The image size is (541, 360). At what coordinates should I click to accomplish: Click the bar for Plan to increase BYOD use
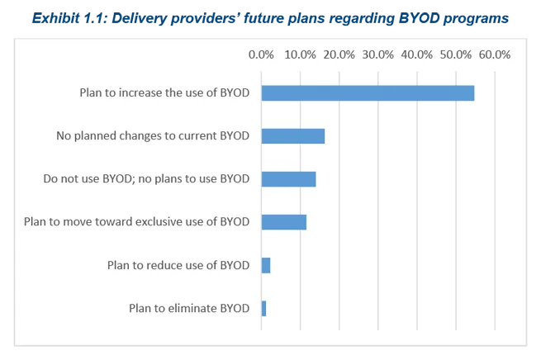coord(368,93)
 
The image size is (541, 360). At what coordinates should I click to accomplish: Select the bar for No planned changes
coord(293,136)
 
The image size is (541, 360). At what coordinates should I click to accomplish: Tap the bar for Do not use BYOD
coord(288,179)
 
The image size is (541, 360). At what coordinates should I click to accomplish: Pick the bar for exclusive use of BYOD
coord(283,222)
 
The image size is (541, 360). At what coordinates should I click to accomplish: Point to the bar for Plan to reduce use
coord(266,265)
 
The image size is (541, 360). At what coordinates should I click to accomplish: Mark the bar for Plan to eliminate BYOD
coord(263,308)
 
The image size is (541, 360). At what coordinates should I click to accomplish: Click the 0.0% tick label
coord(261,54)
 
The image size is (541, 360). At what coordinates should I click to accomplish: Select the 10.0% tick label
coord(300,54)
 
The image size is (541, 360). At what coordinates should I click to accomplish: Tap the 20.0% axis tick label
coord(339,54)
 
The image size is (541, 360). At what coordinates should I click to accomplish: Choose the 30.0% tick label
coord(377,54)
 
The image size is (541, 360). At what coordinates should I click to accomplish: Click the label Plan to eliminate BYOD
coord(189,308)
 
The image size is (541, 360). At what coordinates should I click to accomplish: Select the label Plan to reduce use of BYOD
coord(178,265)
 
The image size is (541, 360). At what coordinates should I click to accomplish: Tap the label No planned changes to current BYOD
coord(153,136)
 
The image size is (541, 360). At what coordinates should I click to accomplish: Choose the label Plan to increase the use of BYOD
coord(164,93)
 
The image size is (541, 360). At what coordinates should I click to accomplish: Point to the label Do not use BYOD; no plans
coord(146,179)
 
